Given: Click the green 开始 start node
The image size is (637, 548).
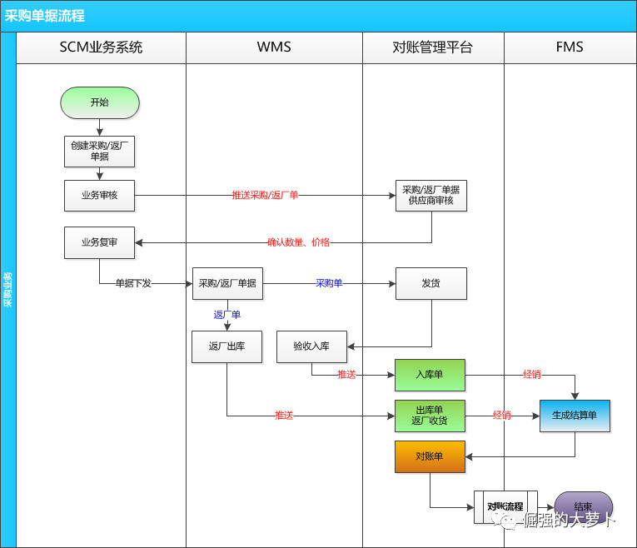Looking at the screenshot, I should pyautogui.click(x=99, y=102).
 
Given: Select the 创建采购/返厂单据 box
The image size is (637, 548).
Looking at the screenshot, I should pyautogui.click(x=99, y=151).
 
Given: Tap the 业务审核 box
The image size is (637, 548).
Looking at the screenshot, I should pyautogui.click(x=99, y=196).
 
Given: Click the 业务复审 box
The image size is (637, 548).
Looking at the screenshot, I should pyautogui.click(x=99, y=242).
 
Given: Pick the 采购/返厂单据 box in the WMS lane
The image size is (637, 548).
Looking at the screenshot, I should pyautogui.click(x=227, y=283).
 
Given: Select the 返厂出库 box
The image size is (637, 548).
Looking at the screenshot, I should pyautogui.click(x=227, y=346).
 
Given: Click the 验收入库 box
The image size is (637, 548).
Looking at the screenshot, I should pyautogui.click(x=311, y=346).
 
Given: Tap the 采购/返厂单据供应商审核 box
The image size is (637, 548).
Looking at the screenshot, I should pyautogui.click(x=430, y=196).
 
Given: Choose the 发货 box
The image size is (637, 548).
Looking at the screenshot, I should pyautogui.click(x=430, y=283).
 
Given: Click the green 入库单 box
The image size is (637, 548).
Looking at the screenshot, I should pyautogui.click(x=430, y=375).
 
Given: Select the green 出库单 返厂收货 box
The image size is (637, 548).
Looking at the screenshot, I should pyautogui.click(x=430, y=416).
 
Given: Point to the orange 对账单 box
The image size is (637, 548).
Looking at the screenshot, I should pyautogui.click(x=430, y=456).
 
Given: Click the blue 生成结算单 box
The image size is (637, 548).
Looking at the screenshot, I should pyautogui.click(x=575, y=416).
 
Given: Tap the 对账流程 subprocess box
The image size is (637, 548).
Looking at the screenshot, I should pyautogui.click(x=505, y=506).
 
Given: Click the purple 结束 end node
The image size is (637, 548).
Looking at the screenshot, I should pyautogui.click(x=584, y=506).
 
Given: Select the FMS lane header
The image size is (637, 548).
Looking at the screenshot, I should pyautogui.click(x=570, y=47).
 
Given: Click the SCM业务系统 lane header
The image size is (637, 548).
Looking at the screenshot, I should pyautogui.click(x=101, y=47).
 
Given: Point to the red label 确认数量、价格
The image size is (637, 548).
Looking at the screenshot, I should pyautogui.click(x=298, y=242).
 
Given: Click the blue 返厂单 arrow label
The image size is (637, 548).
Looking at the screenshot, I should pyautogui.click(x=227, y=315).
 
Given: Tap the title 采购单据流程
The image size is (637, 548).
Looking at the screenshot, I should pyautogui.click(x=45, y=16).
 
